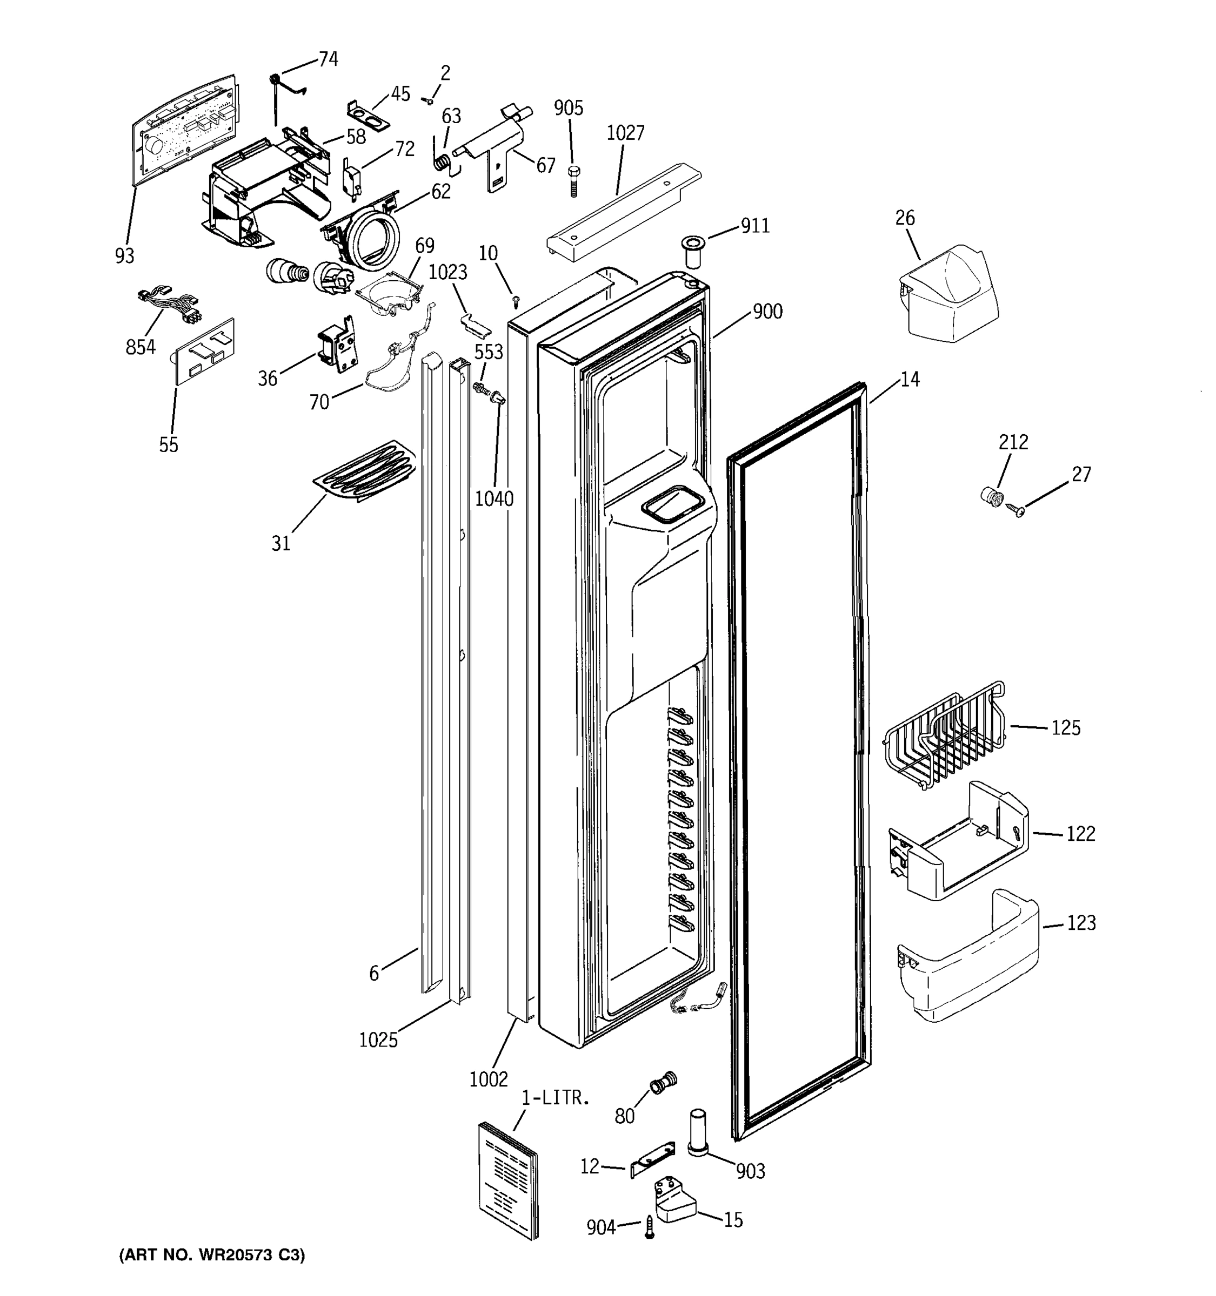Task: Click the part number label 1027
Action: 625,133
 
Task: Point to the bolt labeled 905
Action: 574,180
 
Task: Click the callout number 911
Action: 755,226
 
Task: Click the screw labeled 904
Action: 649,1226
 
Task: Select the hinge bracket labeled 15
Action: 674,1201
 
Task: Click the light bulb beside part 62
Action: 287,271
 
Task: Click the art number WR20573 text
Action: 212,1255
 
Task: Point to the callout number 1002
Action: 488,1079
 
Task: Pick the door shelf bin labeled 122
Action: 958,841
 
